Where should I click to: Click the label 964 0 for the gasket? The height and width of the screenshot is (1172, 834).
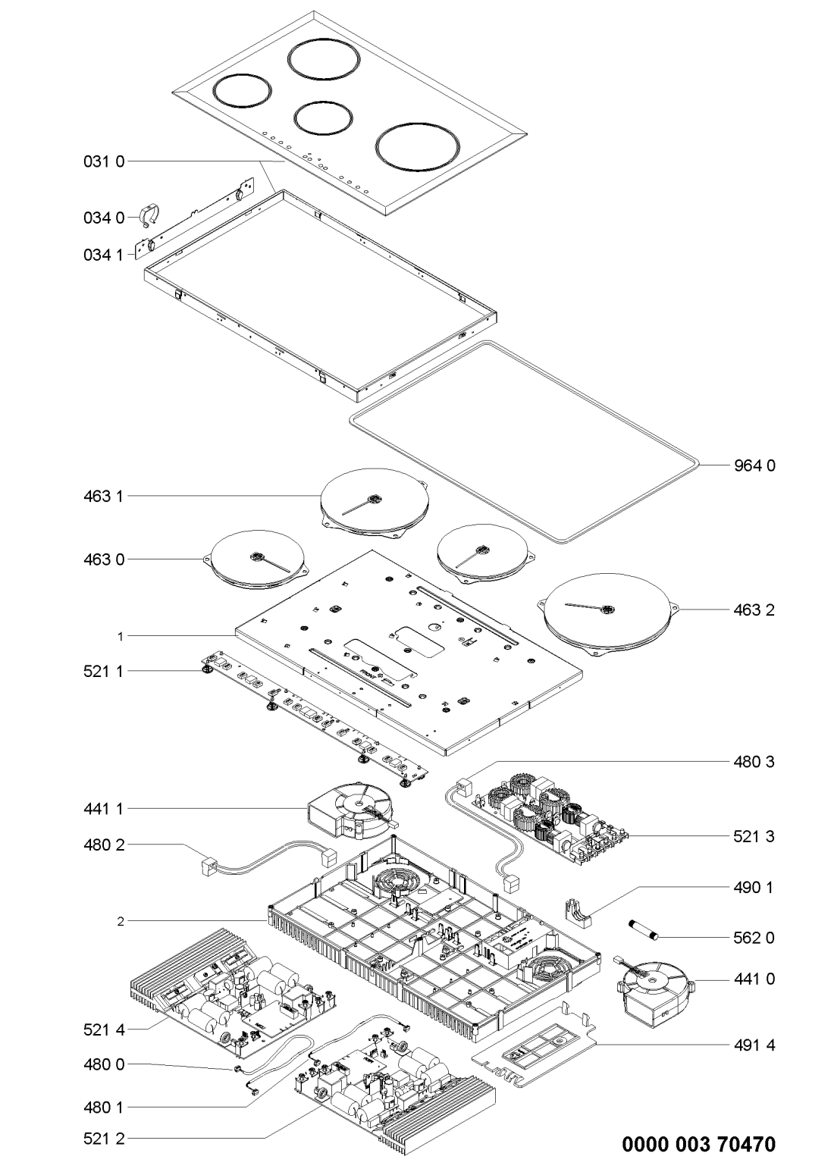(754, 465)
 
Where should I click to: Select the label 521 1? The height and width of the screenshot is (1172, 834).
(105, 671)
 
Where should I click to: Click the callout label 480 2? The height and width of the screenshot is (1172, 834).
(105, 844)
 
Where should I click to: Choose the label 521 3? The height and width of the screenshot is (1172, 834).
(754, 836)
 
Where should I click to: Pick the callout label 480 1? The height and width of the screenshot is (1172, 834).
(105, 1106)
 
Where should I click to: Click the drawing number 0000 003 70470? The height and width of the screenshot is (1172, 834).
(698, 1144)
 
